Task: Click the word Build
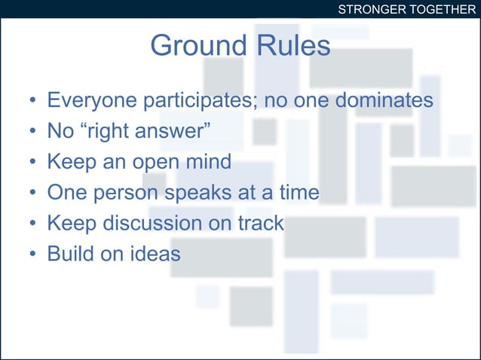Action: [x=71, y=254]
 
